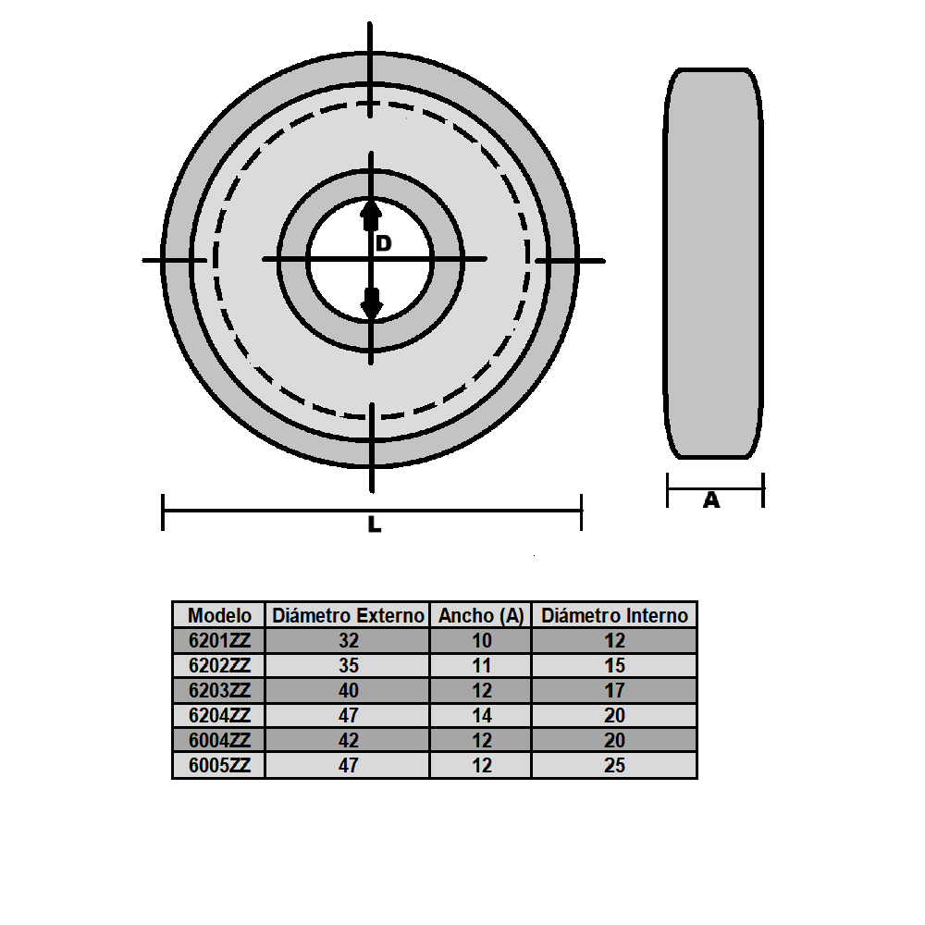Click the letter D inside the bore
click(384, 243)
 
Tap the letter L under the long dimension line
click(374, 524)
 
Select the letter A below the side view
click(711, 500)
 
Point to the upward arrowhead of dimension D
click(371, 215)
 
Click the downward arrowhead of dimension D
click(371, 302)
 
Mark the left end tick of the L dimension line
click(164, 512)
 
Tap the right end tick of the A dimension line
click(762, 489)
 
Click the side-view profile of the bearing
click(713, 264)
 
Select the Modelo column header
click(219, 615)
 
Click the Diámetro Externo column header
click(347, 615)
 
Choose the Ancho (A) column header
click(480, 615)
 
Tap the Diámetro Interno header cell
click(614, 615)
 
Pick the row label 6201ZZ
click(219, 640)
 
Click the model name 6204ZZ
click(219, 715)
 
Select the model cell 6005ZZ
click(219, 765)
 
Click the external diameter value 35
click(348, 665)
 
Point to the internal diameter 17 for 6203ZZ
click(614, 690)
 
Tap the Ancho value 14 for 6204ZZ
click(480, 715)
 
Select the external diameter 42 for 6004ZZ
click(348, 740)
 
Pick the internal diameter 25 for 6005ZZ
click(614, 765)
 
